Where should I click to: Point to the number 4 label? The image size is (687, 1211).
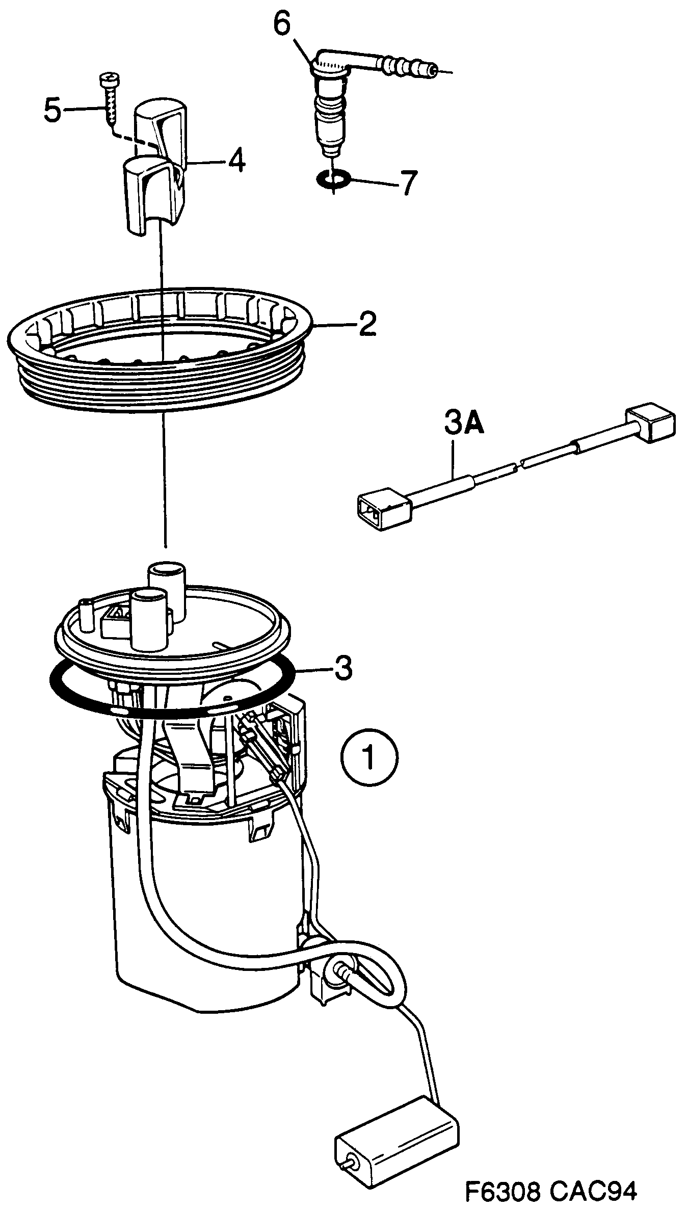(236, 161)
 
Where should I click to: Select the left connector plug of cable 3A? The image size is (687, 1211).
(383, 509)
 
